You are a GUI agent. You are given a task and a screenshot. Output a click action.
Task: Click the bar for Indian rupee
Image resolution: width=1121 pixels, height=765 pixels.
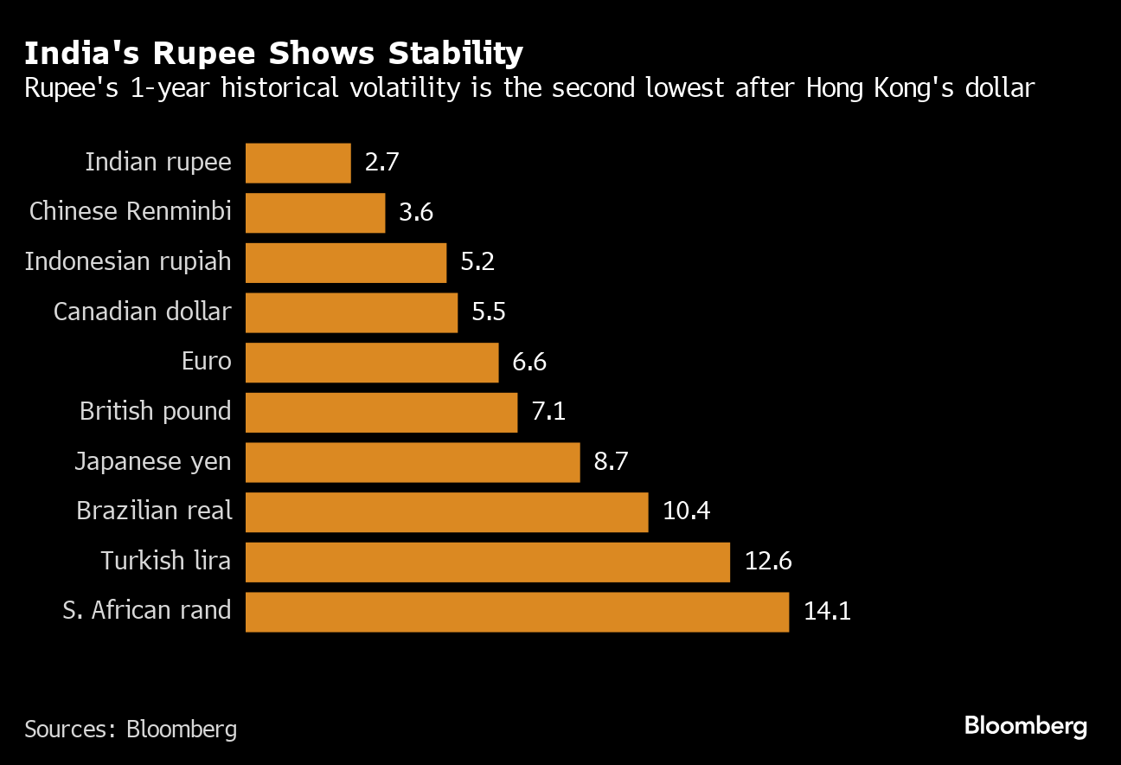pyautogui.click(x=298, y=163)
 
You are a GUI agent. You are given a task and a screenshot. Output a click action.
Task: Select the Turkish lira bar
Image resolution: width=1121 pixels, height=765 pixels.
pyautogui.click(x=488, y=562)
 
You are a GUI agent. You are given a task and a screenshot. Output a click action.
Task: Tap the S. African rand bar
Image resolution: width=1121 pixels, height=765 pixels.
pyautogui.click(x=517, y=612)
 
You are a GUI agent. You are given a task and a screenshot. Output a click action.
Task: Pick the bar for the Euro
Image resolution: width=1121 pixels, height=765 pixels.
pyautogui.click(x=372, y=363)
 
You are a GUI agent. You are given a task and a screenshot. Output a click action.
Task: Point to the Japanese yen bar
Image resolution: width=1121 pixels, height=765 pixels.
pyautogui.click(x=413, y=462)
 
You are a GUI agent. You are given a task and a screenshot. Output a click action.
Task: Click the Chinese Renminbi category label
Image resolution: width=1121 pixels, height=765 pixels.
pyautogui.click(x=130, y=212)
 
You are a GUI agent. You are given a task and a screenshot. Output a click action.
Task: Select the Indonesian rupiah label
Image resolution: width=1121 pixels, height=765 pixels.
pyautogui.click(x=128, y=262)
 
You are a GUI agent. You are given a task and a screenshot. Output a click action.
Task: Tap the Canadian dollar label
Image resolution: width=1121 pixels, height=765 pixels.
pyautogui.click(x=143, y=312)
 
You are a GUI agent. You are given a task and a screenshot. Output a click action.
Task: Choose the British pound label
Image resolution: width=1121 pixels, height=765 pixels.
pyautogui.click(x=156, y=412)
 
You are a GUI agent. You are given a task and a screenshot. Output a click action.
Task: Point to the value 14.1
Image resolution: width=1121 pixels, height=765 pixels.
pyautogui.click(x=828, y=612)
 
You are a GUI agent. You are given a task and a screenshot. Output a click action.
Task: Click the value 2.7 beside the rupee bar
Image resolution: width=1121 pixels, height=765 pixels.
pyautogui.click(x=382, y=163)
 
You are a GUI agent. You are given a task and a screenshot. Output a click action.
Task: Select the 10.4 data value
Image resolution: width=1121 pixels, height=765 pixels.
pyautogui.click(x=687, y=512)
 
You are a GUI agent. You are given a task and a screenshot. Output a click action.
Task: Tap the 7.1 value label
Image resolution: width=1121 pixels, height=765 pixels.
pyautogui.click(x=548, y=412)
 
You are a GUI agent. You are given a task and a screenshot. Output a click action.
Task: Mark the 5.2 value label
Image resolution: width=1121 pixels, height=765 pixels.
pyautogui.click(x=477, y=262)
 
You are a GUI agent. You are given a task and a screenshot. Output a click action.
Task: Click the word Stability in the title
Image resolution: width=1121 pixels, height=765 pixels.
pyautogui.click(x=456, y=54)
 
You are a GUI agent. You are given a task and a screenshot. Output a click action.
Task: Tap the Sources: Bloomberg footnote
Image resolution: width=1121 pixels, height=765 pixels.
pyautogui.click(x=131, y=730)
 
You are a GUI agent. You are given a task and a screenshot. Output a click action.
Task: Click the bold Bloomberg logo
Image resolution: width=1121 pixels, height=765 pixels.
pyautogui.click(x=1026, y=726)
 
